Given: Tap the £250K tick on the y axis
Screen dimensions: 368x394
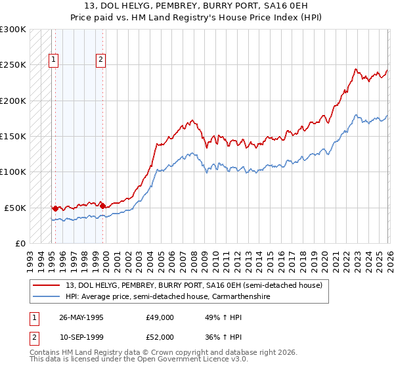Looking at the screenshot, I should click(13, 65).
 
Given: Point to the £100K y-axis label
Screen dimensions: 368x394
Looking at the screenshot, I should click(13, 172).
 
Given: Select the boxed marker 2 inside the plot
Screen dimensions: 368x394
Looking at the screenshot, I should click(101, 60).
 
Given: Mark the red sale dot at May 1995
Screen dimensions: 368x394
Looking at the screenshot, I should click(55, 208).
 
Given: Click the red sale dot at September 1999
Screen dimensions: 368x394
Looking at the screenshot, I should click(102, 206).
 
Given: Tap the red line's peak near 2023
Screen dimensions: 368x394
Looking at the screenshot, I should click(355, 68).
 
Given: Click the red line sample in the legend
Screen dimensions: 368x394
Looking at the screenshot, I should click(47, 286).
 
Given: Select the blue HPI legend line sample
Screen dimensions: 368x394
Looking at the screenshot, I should click(47, 297).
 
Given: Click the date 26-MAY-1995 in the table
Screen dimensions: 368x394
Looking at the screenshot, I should click(81, 317).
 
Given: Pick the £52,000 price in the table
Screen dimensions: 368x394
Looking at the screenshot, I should click(160, 337).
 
